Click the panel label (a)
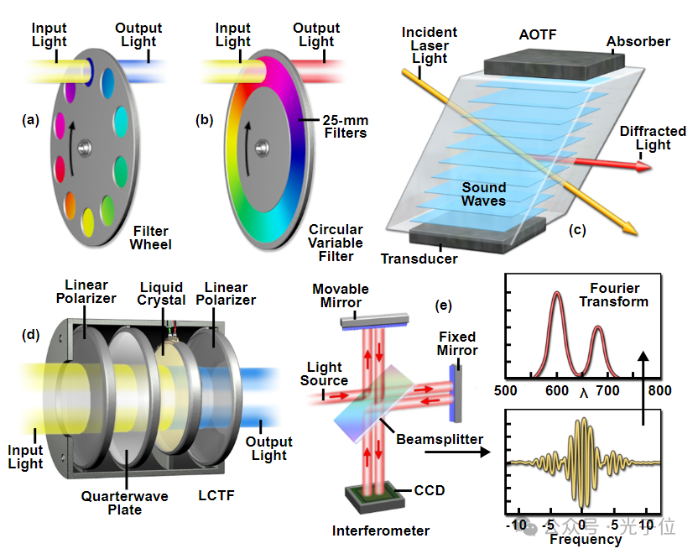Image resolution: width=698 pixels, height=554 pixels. coord(31,120)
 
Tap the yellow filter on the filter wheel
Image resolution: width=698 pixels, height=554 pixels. coord(87,221)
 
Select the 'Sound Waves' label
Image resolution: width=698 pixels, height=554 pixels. coord(483,194)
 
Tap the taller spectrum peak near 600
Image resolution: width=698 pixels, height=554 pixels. coord(556,294)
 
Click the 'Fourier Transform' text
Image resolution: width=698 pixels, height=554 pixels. coord(614,295)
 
